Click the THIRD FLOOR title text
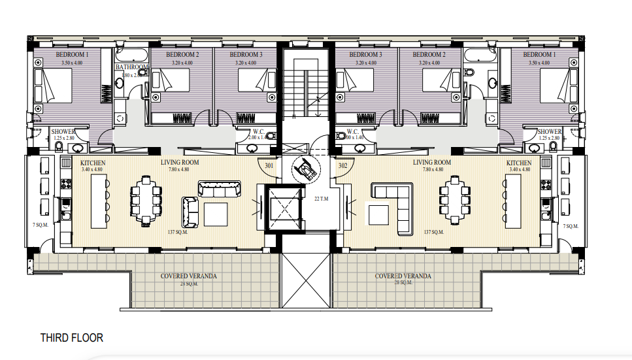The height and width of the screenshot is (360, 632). [71, 338]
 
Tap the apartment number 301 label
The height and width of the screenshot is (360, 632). [269, 166]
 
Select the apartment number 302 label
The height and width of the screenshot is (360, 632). [342, 166]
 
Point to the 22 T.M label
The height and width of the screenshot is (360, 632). [320, 199]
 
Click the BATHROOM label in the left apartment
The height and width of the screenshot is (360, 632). [132, 67]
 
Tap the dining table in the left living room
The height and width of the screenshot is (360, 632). [144, 200]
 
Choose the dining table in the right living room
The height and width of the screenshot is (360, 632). [454, 200]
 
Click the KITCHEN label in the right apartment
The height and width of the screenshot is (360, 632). [519, 163]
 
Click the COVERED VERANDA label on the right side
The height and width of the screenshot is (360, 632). [403, 276]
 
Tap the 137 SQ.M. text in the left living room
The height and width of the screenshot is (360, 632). [178, 232]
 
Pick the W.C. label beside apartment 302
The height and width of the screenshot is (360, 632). [355, 131]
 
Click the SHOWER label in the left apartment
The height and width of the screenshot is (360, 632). [63, 132]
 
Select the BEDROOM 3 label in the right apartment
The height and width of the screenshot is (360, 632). [365, 55]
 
